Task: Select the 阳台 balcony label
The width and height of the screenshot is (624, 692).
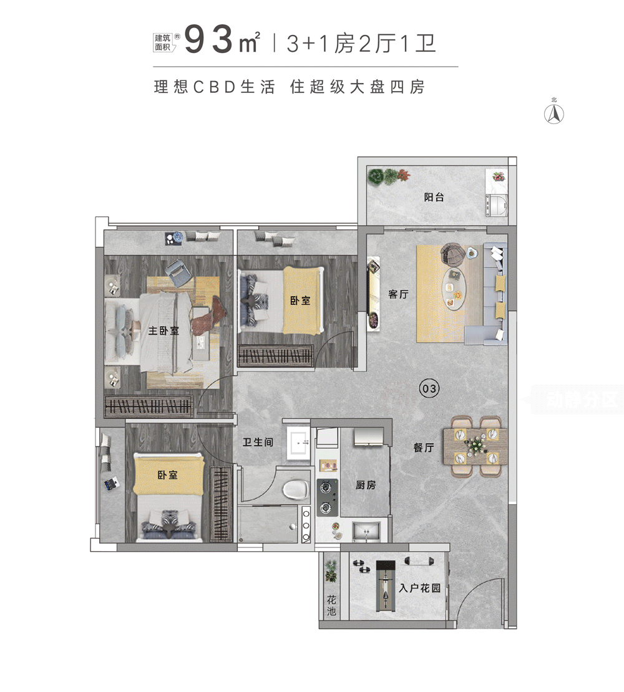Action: pos(434,198)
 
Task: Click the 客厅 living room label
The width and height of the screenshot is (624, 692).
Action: pos(398,294)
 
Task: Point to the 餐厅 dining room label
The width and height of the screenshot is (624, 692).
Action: pos(424,447)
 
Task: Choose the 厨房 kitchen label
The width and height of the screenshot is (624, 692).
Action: pos(366,485)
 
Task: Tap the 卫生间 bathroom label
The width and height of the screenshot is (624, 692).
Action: pos(258,442)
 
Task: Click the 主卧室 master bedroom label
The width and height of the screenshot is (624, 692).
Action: pos(163,330)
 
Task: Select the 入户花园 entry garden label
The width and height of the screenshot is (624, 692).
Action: pos(419,587)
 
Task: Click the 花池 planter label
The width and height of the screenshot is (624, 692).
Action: pos(331,605)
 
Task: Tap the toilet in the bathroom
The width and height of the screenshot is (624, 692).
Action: pos(296,489)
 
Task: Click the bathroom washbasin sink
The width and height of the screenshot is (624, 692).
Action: pos(298,444)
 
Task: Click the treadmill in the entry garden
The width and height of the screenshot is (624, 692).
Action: pos(386,585)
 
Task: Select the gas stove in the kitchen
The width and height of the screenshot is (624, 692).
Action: pos(326,497)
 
